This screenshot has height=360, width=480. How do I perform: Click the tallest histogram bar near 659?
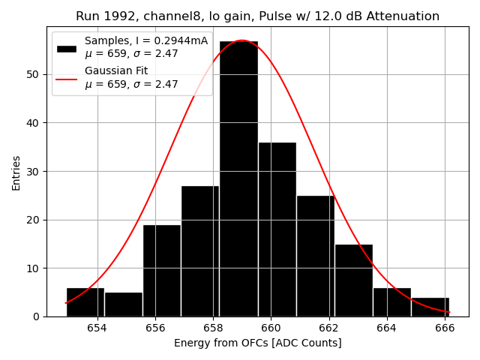point(238,180)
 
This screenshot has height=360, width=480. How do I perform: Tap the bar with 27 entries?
point(200,251)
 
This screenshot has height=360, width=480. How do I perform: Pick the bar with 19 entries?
point(162,271)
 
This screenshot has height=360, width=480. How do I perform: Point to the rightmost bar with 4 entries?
point(430,307)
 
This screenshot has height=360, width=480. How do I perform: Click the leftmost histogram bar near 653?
point(85,302)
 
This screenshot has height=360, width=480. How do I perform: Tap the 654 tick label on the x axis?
point(97,328)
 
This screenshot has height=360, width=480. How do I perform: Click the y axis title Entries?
point(16,172)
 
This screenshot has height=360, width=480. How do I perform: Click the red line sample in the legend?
point(67,78)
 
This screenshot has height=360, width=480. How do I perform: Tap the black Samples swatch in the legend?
point(67,48)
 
